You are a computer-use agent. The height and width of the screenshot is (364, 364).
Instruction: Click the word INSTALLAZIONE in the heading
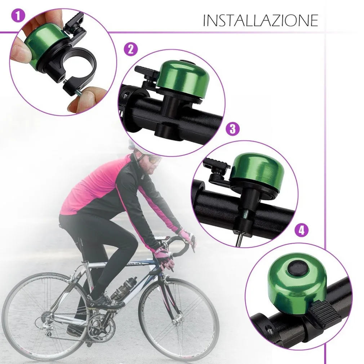[x=260, y=21]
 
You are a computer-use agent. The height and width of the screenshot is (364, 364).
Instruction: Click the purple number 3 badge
[x=232, y=129]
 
